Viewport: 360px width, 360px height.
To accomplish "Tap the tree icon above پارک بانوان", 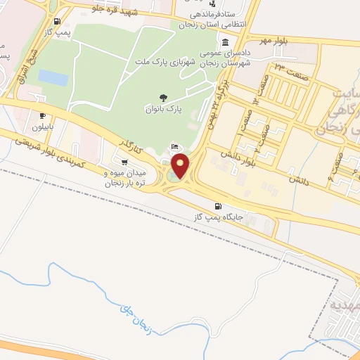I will pos(164,98).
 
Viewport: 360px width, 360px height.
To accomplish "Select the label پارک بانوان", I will pos(164,110).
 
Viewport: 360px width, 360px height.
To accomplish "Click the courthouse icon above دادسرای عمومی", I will pos(224,41).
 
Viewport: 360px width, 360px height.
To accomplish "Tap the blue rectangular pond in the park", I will pos(53,77).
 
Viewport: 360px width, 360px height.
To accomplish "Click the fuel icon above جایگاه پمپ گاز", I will pos(218,206).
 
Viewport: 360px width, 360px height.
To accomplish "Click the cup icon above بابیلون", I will pos(44,117).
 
